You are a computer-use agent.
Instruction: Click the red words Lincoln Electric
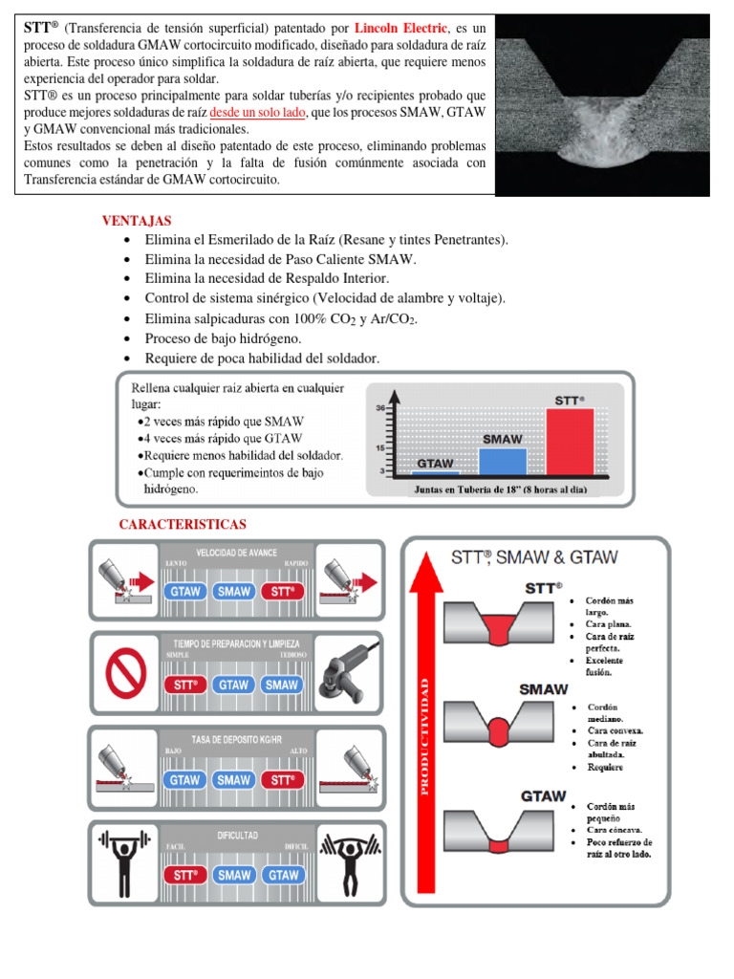point(413,30)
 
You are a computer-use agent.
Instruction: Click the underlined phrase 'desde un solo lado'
point(265,112)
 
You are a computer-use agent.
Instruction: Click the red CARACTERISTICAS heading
point(183,525)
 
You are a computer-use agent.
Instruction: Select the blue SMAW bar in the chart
point(502,461)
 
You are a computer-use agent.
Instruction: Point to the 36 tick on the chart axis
point(380,407)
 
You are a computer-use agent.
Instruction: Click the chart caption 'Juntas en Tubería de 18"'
point(500,489)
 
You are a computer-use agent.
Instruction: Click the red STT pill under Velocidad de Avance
point(282,592)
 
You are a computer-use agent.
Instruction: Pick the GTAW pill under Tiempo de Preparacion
point(234,685)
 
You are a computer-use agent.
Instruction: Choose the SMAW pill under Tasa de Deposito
point(234,780)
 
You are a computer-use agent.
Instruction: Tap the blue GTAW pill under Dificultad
point(282,875)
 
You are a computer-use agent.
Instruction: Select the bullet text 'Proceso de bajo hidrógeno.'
point(223,338)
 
